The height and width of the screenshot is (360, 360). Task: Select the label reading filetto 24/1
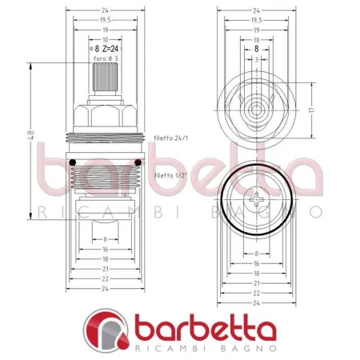171,138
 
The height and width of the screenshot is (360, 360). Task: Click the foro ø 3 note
106,59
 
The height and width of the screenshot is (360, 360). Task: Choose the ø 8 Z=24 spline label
106,48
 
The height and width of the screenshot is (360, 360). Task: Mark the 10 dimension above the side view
105,38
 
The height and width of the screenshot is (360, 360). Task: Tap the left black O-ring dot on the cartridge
73,164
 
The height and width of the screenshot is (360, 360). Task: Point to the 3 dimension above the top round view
256,58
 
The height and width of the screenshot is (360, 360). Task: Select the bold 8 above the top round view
256,48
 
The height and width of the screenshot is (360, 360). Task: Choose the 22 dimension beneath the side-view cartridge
106,278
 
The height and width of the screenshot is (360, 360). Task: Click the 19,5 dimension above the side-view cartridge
106,19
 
